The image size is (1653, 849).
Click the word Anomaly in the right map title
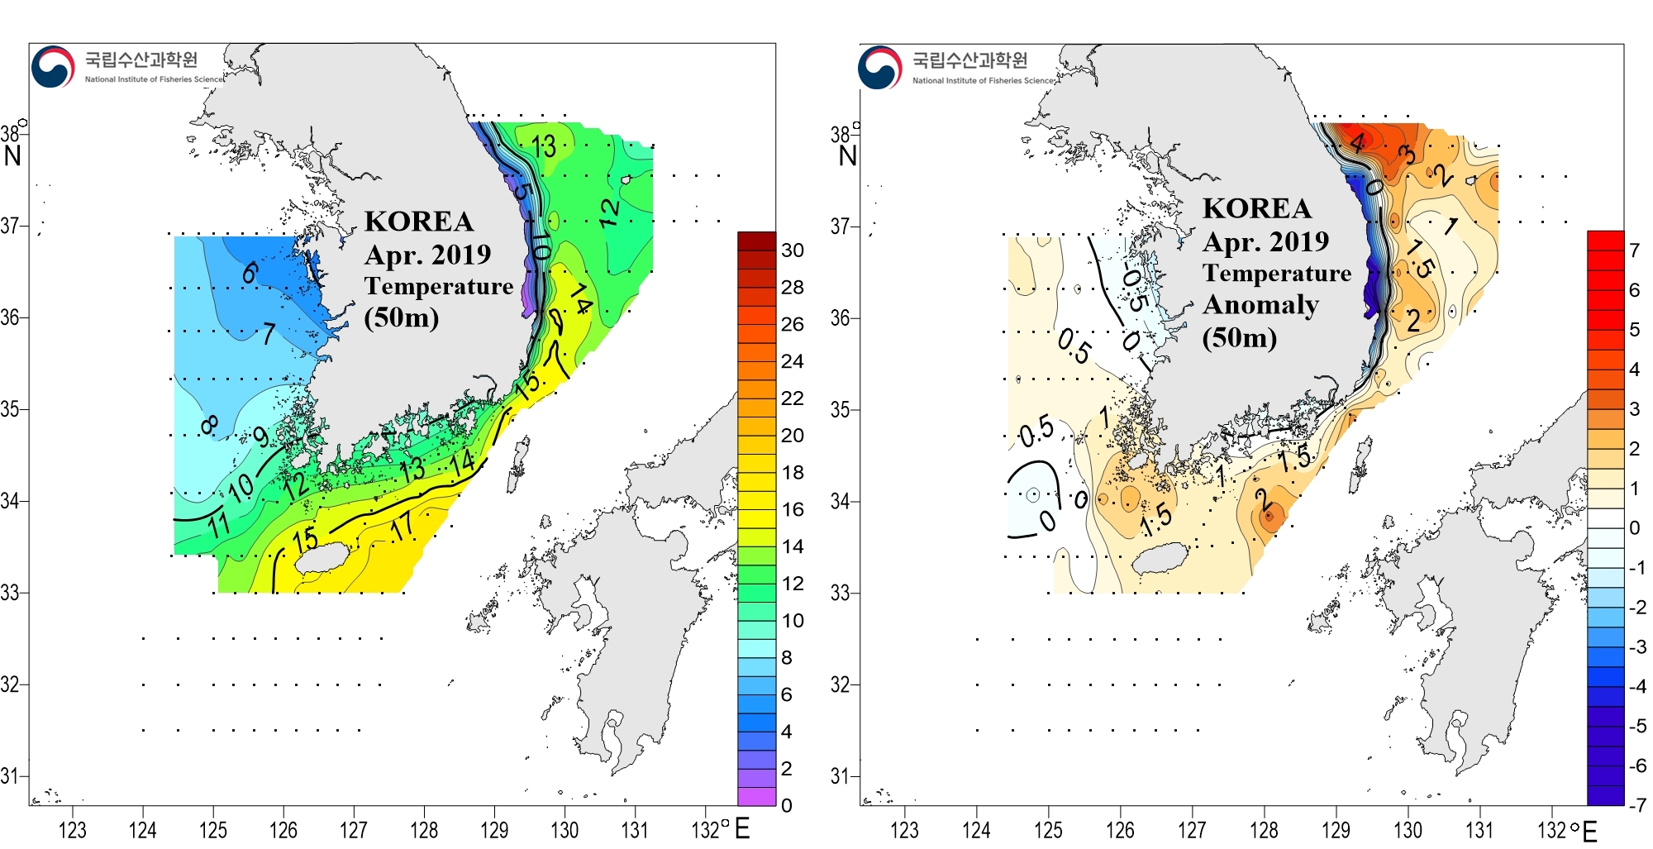[x=1260, y=305]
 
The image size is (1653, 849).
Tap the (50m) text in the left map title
[x=402, y=317]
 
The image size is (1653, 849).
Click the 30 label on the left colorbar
[x=792, y=250]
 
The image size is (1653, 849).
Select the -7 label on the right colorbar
[x=1636, y=804]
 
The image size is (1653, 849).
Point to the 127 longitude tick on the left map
[x=354, y=829]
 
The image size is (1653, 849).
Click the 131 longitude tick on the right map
[x=1479, y=829]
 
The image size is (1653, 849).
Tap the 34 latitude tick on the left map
[x=10, y=501]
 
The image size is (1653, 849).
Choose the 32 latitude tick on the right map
[x=841, y=684]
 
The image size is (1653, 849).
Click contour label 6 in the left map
[x=250, y=271]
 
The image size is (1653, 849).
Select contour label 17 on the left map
[x=403, y=525]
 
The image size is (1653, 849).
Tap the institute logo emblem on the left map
[x=53, y=66]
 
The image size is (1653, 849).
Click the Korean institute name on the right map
[x=969, y=60]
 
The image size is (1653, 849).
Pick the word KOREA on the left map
[x=419, y=222]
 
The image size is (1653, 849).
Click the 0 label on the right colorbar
[x=1634, y=527]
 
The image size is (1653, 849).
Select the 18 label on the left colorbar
[x=792, y=472]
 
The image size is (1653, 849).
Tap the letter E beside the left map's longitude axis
[x=741, y=828]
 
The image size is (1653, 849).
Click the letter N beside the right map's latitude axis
[x=848, y=155]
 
